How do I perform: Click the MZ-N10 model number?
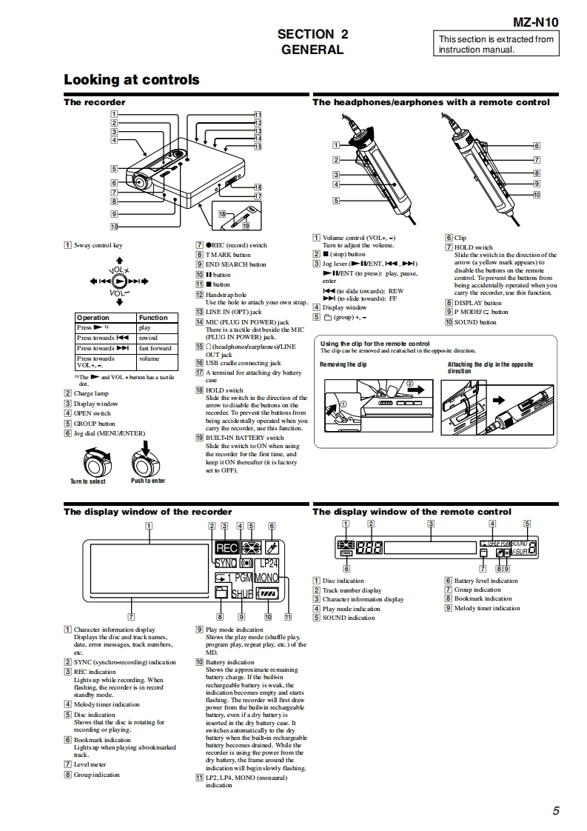(x=535, y=22)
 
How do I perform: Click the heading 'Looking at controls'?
(x=131, y=79)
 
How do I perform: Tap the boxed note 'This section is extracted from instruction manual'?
(x=495, y=44)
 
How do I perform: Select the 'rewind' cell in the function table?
(x=148, y=338)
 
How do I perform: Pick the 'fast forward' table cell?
(x=155, y=348)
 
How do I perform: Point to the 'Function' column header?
(x=153, y=317)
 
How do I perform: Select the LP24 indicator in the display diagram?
(x=265, y=564)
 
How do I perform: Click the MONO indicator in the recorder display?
(x=266, y=577)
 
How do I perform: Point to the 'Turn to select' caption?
(x=88, y=481)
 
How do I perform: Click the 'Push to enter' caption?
(x=148, y=481)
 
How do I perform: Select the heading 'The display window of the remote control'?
(x=412, y=512)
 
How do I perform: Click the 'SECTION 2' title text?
(x=312, y=34)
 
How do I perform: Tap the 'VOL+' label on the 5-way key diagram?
(x=119, y=270)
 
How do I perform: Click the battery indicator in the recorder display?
(x=266, y=593)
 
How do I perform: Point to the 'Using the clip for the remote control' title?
(x=375, y=344)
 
